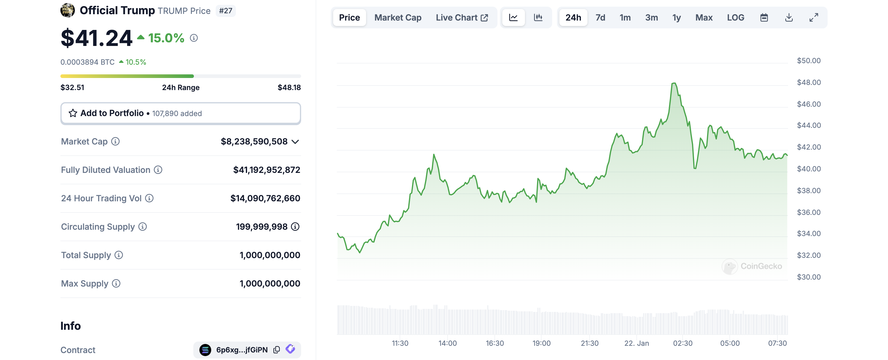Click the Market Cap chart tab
(x=397, y=18)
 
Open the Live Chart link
(x=462, y=18)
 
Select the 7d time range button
(x=600, y=18)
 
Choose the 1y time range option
(x=676, y=18)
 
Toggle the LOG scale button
(x=735, y=18)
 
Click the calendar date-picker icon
(x=764, y=18)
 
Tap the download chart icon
(x=789, y=18)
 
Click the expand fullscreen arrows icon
(x=813, y=18)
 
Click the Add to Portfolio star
(x=73, y=113)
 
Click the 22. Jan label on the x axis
(x=636, y=343)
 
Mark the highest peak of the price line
(x=674, y=83)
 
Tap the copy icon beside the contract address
(x=276, y=350)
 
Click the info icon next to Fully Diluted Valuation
(x=158, y=170)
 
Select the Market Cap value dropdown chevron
(x=295, y=142)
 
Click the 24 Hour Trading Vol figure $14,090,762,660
(x=265, y=198)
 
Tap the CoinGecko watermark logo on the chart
(x=729, y=267)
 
